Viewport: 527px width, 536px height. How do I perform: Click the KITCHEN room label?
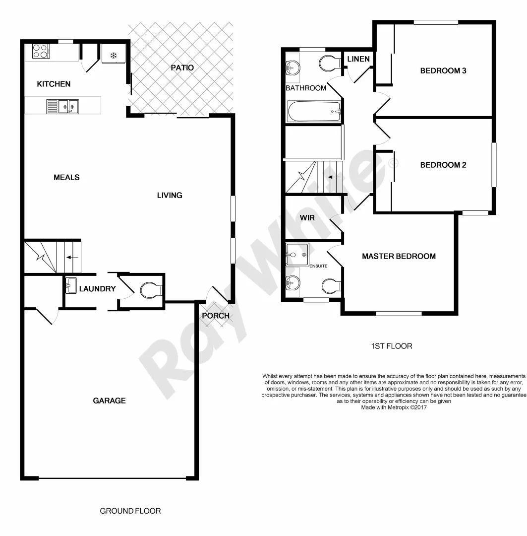pyautogui.click(x=54, y=84)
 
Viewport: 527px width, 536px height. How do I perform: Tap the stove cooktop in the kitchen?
pyautogui.click(x=40, y=51)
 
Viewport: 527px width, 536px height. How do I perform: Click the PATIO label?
pyautogui.click(x=182, y=67)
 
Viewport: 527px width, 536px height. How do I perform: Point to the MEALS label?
pyautogui.click(x=66, y=177)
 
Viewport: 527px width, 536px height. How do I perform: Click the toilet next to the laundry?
pyautogui.click(x=150, y=290)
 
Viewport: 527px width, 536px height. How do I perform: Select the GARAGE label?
pyautogui.click(x=109, y=401)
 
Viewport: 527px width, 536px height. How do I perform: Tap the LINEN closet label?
pyautogui.click(x=358, y=59)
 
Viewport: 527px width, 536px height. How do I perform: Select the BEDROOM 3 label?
pyautogui.click(x=443, y=70)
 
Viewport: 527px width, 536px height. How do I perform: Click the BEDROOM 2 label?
pyautogui.click(x=443, y=165)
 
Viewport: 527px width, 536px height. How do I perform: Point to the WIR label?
pyautogui.click(x=307, y=217)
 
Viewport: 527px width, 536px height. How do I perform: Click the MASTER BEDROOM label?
pyautogui.click(x=399, y=256)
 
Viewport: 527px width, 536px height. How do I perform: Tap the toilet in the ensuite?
pyautogui.click(x=330, y=286)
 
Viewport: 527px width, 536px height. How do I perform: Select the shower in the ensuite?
pyautogui.click(x=297, y=255)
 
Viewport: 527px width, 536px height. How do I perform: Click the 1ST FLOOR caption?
pyautogui.click(x=391, y=346)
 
